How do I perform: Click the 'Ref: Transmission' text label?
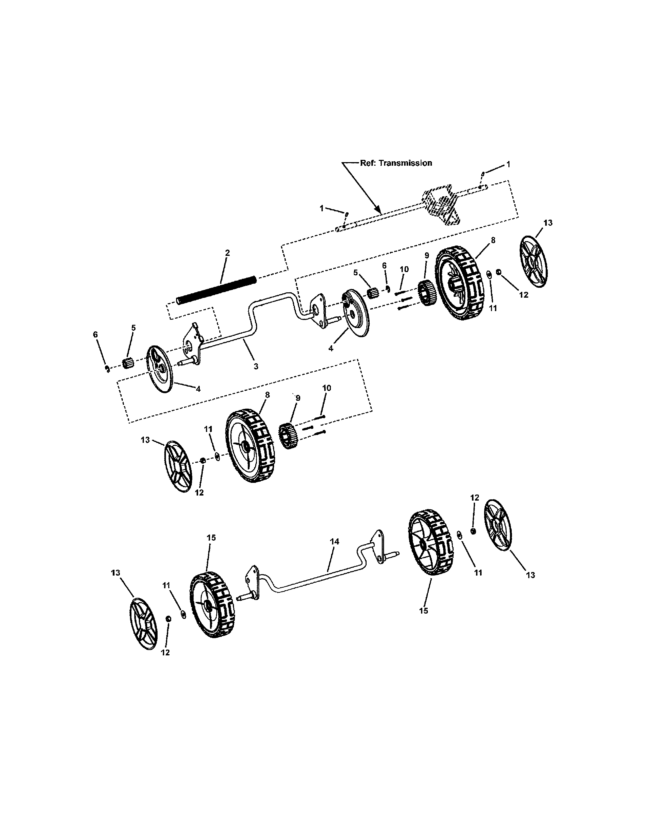pyautogui.click(x=396, y=163)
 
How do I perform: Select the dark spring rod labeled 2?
pyautogui.click(x=216, y=290)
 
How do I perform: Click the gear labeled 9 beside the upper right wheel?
pyautogui.click(x=425, y=294)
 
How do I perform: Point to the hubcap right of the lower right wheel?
pyautogui.click(x=498, y=524)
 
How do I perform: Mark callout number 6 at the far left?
pyautogui.click(x=95, y=335)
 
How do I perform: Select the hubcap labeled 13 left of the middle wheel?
pyautogui.click(x=178, y=466)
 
